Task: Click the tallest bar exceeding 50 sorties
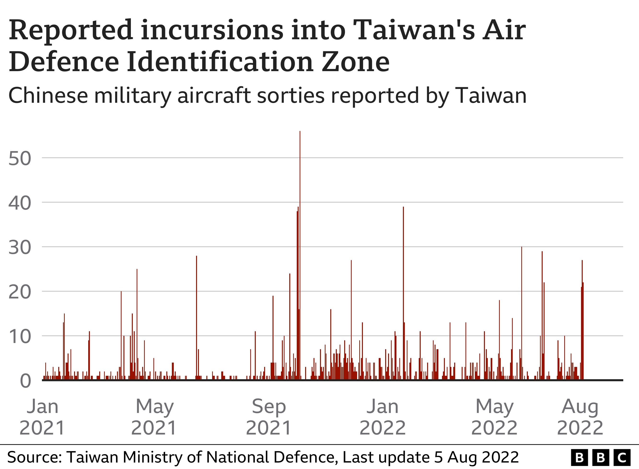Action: click(x=300, y=256)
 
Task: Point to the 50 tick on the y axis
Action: click(x=20, y=158)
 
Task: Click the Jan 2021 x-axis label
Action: click(x=43, y=417)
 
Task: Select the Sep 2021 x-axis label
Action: click(x=269, y=417)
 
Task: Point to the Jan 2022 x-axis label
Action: click(x=383, y=417)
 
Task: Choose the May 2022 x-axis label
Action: click(x=494, y=417)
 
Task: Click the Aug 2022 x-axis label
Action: click(x=580, y=417)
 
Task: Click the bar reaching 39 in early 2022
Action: click(x=403, y=292)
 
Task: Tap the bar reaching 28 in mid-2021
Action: click(x=196, y=318)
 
